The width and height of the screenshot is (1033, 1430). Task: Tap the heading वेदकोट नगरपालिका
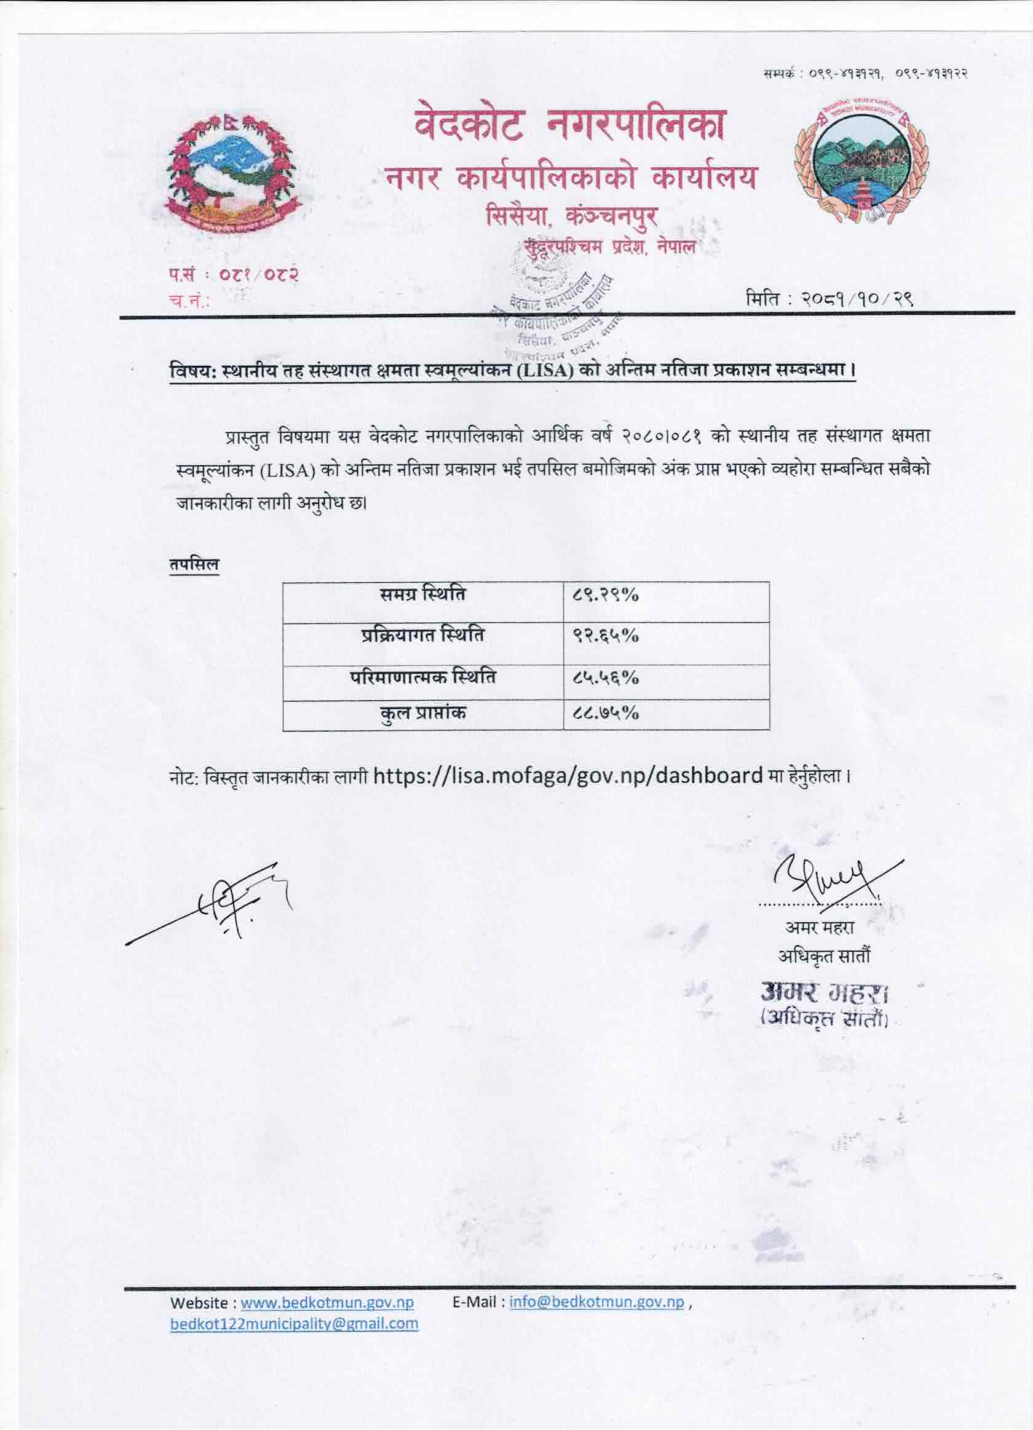pyautogui.click(x=569, y=124)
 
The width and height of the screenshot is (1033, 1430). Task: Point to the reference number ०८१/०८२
pyautogui.click(x=259, y=275)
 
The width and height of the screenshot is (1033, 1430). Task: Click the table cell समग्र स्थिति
pyautogui.click(x=422, y=594)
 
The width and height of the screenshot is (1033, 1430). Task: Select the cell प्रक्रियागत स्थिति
pyautogui.click(x=422, y=636)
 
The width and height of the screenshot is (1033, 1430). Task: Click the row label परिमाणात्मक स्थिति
pyautogui.click(x=422, y=677)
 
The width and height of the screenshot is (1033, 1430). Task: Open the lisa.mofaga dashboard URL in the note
pyautogui.click(x=568, y=775)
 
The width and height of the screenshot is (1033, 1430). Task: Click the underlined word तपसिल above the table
pyautogui.click(x=194, y=564)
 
